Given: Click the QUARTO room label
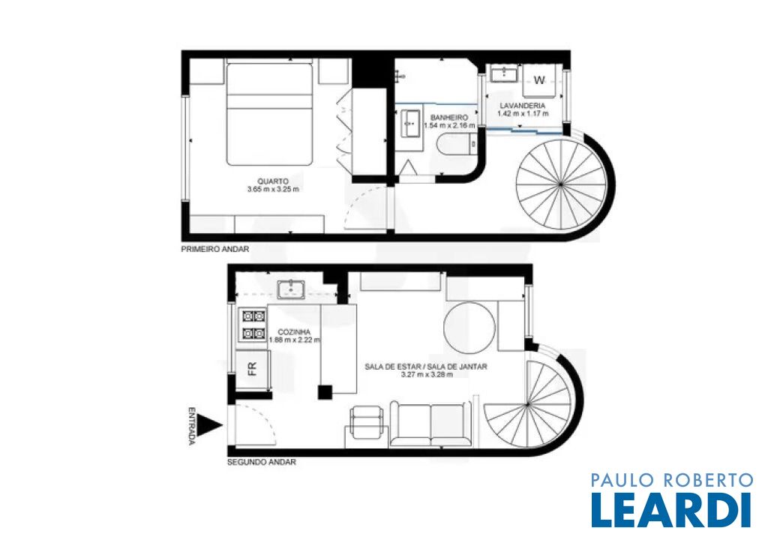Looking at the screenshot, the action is coord(273,181).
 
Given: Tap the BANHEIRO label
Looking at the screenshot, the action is coord(449,118).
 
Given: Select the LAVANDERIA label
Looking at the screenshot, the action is coord(522,106).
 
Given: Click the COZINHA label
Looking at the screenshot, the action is coord(294,331).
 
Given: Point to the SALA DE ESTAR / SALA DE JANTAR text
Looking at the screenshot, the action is coord(426,366).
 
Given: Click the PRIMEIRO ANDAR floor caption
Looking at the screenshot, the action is coord(215,249).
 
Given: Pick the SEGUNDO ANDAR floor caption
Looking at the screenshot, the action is coord(262,462).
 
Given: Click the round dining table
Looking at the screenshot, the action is coord(469,327).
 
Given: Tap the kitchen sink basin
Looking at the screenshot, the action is coord(291,289).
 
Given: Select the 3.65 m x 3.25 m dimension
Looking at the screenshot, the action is coord(273,189).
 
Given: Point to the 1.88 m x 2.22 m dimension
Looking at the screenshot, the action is coord(294,340).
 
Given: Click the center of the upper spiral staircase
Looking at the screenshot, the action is coord(561,184).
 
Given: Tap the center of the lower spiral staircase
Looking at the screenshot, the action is coord(527,405).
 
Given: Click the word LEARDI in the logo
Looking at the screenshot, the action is coord(671,510).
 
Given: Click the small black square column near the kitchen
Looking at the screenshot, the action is coord(325,391).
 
